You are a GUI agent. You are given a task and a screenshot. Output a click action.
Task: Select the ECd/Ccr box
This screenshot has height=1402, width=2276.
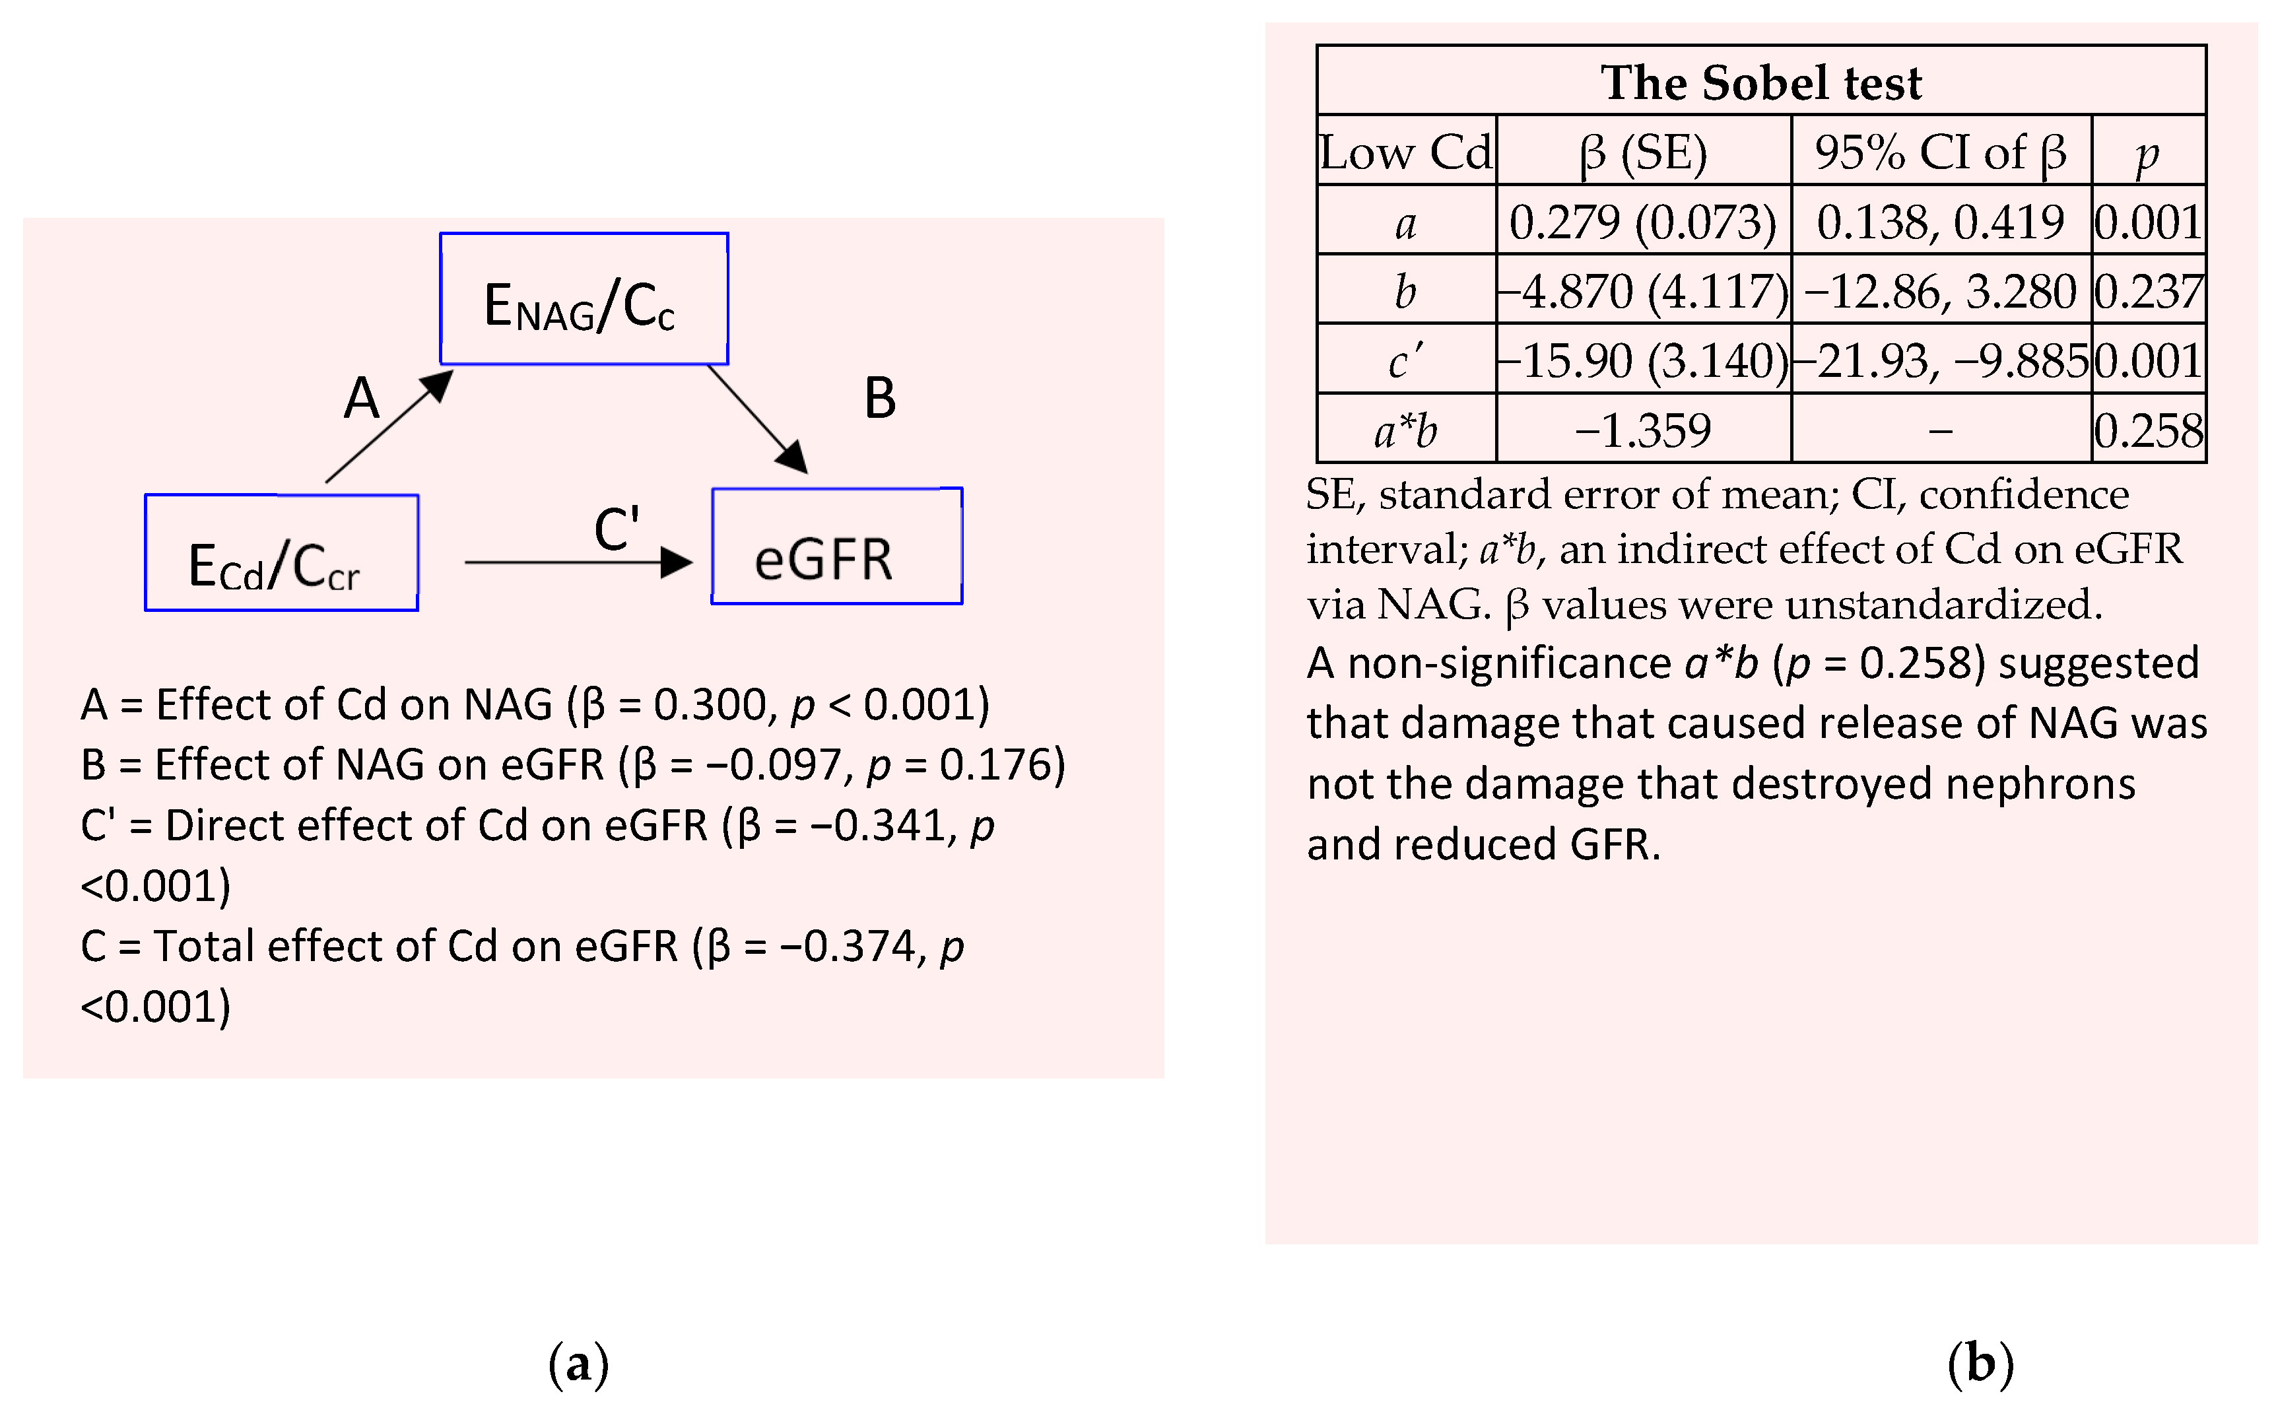point(281,552)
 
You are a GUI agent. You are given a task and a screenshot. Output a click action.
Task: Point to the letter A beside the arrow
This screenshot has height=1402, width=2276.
point(362,399)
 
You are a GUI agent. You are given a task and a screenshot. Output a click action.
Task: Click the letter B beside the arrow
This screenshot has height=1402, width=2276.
point(880,399)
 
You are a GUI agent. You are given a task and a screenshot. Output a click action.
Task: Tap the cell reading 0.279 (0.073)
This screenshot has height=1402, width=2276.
point(1643,222)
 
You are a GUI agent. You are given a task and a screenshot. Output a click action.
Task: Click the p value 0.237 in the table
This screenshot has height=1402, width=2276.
point(2148,291)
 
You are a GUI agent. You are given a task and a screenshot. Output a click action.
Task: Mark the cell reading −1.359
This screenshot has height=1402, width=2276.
point(1643,430)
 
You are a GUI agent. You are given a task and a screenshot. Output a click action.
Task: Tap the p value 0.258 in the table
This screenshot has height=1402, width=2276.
point(2148,430)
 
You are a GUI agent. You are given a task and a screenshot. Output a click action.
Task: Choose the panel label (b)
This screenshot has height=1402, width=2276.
point(1980,1363)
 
